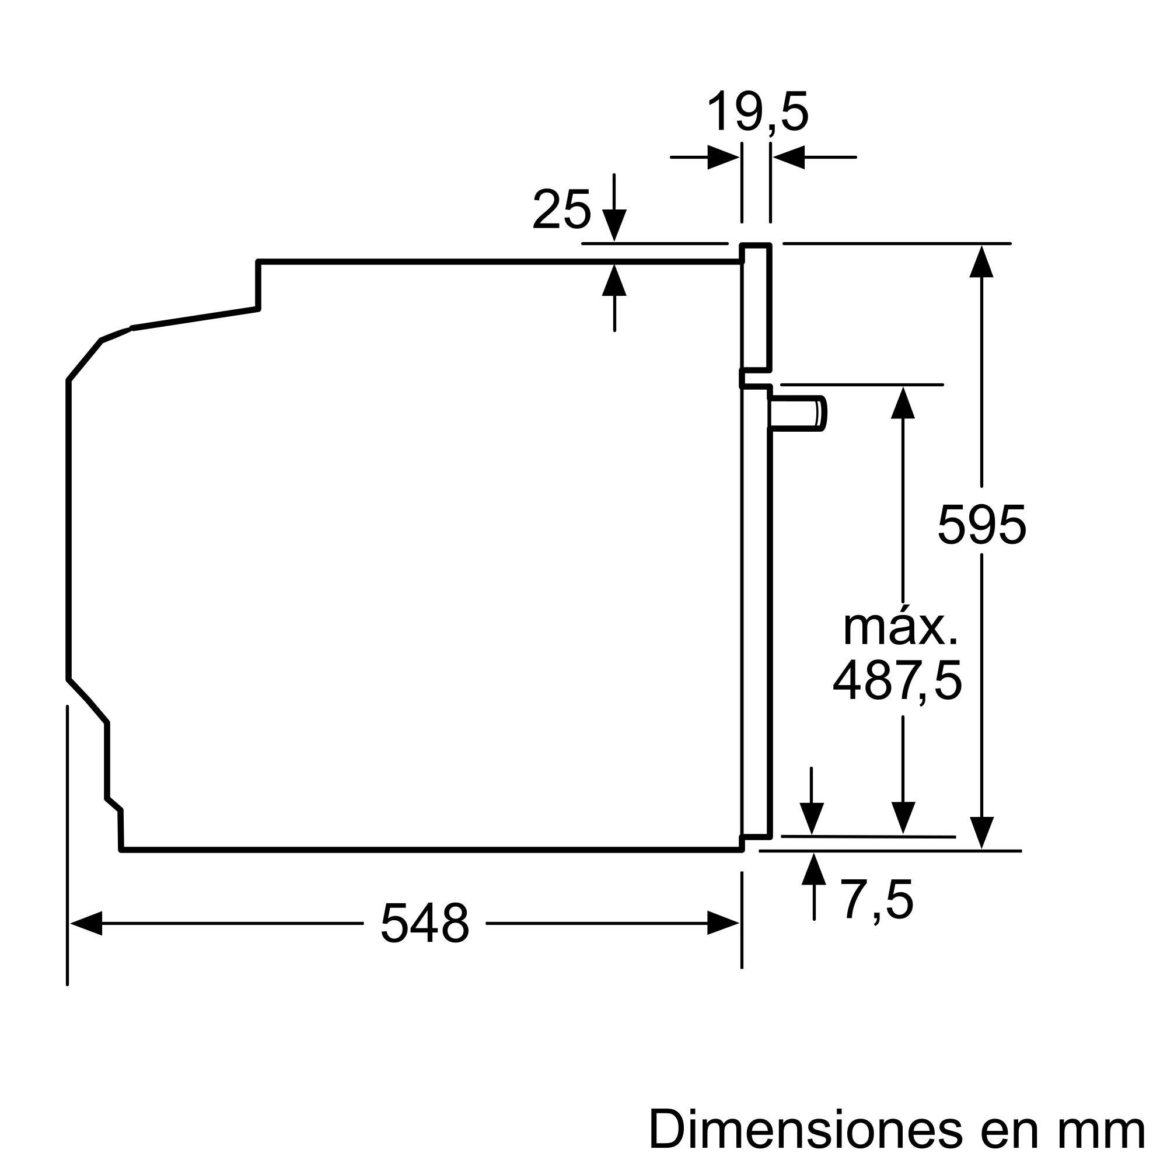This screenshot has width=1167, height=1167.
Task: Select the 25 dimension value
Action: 561,210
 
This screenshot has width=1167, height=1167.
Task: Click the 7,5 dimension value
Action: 878,900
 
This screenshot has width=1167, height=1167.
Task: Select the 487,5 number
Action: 897,681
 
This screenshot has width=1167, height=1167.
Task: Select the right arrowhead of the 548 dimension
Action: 723,924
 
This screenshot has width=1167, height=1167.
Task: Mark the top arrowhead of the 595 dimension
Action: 981,261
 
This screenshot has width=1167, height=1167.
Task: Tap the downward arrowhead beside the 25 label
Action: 614,226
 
